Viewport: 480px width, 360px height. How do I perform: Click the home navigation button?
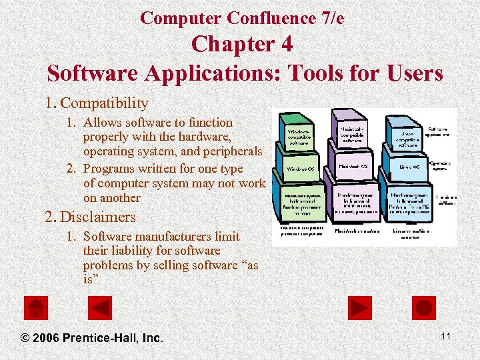[36, 308]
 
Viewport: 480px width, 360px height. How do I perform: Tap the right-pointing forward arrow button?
[360, 308]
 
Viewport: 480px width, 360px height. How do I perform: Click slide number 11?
[445, 336]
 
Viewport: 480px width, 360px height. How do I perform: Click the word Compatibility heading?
[104, 103]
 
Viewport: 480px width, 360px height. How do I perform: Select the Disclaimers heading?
[99, 217]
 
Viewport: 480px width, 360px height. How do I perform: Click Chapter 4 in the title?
[241, 45]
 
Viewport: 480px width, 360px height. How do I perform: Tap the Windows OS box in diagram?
[301, 169]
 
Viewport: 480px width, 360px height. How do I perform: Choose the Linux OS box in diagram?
[409, 167]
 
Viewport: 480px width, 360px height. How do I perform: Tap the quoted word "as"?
[249, 265]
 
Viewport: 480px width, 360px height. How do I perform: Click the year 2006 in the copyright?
[45, 338]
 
